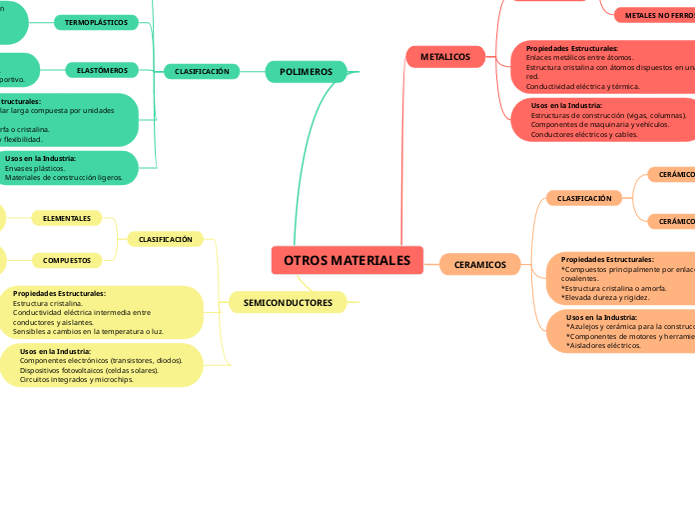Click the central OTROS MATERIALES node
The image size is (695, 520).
coord(347,260)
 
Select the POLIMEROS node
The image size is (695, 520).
coord(306,71)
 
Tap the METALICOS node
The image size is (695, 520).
coord(444,57)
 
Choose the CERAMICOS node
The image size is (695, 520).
coord(479,265)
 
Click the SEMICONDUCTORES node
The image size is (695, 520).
coord(288,302)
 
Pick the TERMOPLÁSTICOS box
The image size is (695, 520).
coord(96,22)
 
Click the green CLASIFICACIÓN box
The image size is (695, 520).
coord(202,71)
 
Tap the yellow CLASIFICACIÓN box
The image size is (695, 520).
coord(165,239)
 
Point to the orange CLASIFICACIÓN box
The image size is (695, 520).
coord(583,198)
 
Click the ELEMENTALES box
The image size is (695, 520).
coord(67,218)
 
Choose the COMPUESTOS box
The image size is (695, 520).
coord(67,260)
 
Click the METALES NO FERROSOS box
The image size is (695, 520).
coord(657,16)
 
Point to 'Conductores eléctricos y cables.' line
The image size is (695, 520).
coord(584,134)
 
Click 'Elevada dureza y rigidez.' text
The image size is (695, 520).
coord(605,297)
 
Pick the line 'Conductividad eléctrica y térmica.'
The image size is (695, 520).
coord(582,86)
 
